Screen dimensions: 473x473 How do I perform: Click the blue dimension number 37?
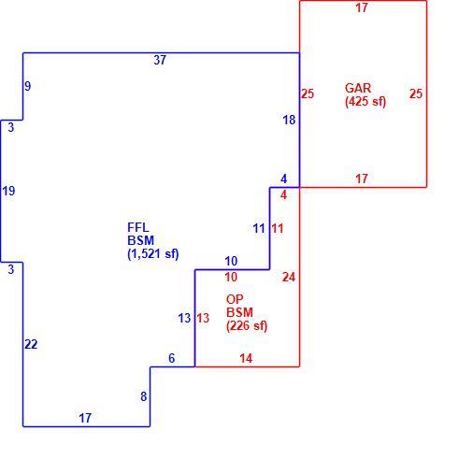pos(160,60)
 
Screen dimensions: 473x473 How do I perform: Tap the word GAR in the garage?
pos(358,88)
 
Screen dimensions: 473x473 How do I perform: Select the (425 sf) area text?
pos(365,102)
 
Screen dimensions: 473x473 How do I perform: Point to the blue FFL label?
pos(138,227)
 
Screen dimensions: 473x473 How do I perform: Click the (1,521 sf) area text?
pos(153,253)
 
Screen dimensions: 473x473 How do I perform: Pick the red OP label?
pos(235,299)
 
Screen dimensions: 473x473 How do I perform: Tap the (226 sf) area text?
pos(247,326)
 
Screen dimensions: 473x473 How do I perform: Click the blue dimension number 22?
pos(31,344)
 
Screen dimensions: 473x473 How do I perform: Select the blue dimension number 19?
pos(8,191)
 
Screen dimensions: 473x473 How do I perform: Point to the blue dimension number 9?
pos(28,86)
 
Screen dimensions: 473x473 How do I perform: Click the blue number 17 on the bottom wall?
pos(85,418)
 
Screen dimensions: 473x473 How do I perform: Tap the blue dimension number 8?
pos(143,396)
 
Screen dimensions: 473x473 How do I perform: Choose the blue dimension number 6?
pos(171,358)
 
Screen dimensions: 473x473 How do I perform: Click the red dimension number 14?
pos(246,358)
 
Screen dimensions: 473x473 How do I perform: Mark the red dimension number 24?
pos(289,277)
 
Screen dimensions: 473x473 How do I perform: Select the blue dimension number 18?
pos(289,120)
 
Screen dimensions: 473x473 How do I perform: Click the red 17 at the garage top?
pos(362,7)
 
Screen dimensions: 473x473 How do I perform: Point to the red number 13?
pos(203,318)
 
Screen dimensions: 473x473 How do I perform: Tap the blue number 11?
pos(259,228)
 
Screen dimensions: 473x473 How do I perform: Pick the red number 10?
pos(231,277)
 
